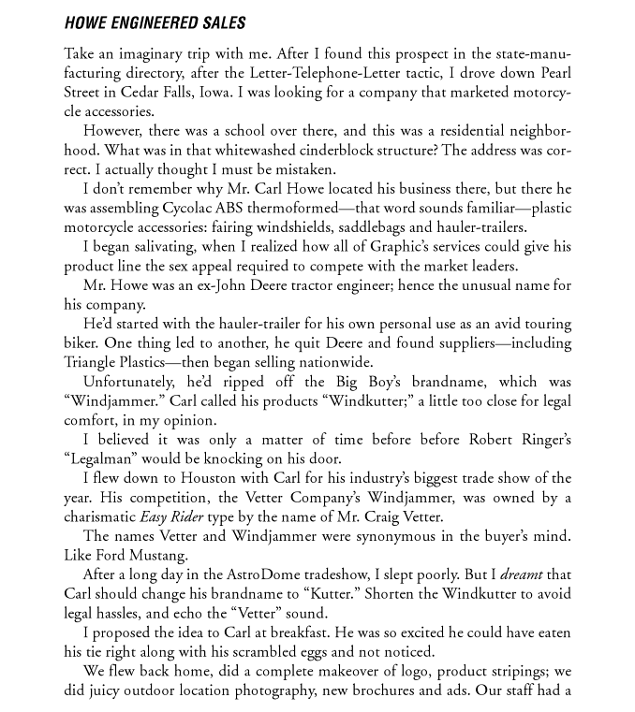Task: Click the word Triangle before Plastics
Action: pos(93,363)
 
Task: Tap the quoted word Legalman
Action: pos(101,459)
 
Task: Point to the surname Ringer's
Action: pos(539,440)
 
